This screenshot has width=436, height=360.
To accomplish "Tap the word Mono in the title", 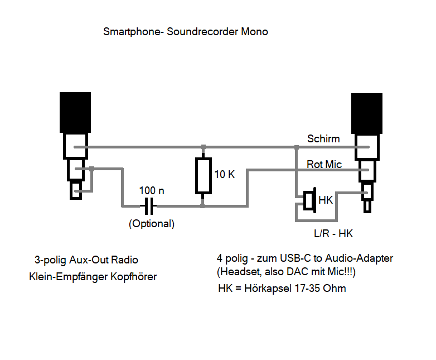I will click(x=254, y=32).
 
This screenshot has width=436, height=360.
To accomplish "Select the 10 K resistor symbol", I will click(x=203, y=176).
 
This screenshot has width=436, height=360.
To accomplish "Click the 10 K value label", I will click(x=225, y=174).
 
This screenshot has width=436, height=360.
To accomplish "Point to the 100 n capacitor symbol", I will click(x=148, y=207).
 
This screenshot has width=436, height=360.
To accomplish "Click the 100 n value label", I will click(x=152, y=191).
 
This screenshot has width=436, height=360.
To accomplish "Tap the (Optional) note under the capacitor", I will click(x=152, y=224).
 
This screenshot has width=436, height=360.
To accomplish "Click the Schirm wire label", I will click(x=323, y=139).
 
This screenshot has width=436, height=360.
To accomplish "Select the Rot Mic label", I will click(x=324, y=165).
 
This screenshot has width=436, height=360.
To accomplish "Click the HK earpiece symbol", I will click(x=310, y=200).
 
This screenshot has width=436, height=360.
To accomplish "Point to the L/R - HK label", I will click(x=333, y=233).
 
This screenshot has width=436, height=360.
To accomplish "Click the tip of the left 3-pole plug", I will click(x=76, y=191).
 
